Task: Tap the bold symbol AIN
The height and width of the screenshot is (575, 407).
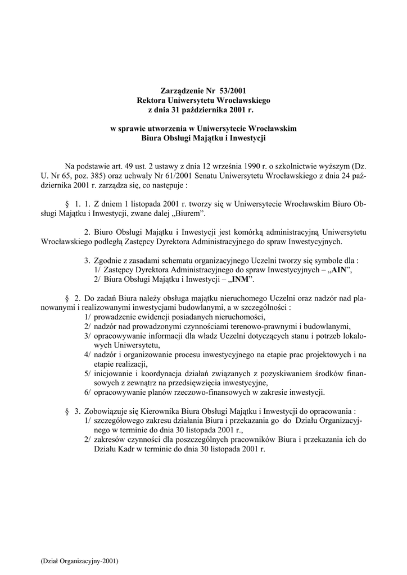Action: coord(339,270)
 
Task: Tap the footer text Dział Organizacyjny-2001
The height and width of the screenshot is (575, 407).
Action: coord(79,561)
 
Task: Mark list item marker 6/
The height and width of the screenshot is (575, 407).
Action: coord(88,392)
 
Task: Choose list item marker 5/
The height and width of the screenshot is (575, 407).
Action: coord(88,373)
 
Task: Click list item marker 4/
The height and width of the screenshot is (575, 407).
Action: coord(88,354)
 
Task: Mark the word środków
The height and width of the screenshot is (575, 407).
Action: coord(321,373)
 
